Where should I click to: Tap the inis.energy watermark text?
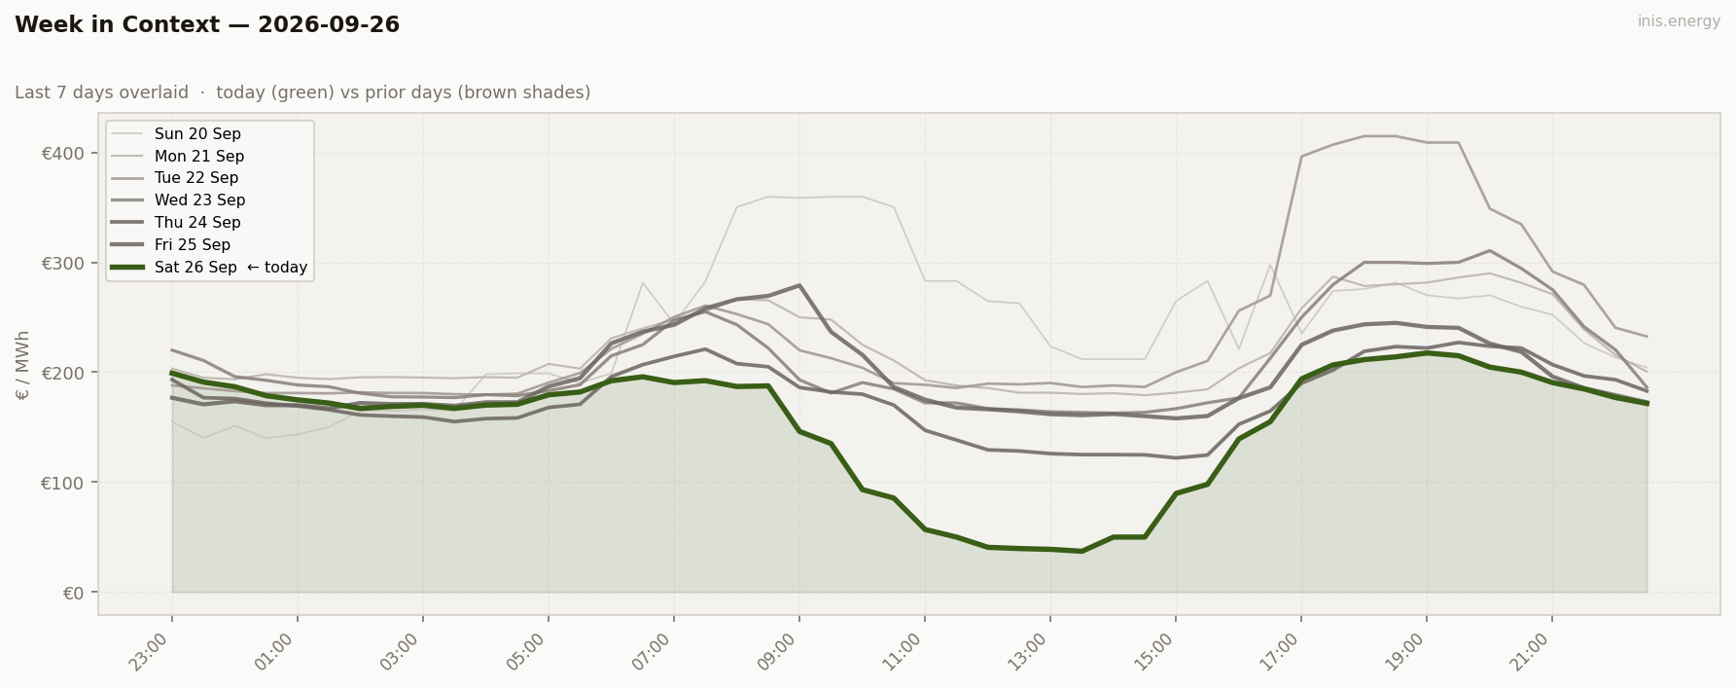(x=1679, y=21)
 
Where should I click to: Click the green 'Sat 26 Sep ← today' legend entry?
(x=209, y=268)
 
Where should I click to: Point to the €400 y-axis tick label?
(x=63, y=154)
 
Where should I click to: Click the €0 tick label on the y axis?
(x=74, y=593)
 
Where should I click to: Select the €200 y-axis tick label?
(x=63, y=373)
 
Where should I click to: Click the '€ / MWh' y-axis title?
(x=23, y=365)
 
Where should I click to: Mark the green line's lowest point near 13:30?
(x=1081, y=551)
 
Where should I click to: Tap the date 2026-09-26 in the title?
(x=329, y=25)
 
